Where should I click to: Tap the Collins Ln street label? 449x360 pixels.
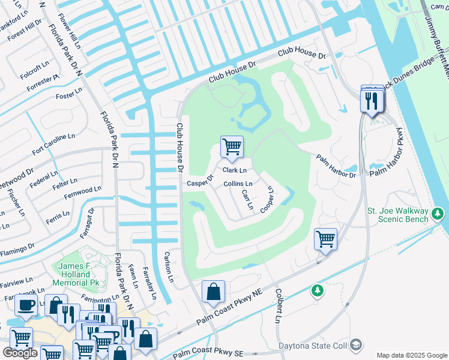click(x=238, y=184)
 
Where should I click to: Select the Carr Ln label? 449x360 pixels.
click(x=246, y=200)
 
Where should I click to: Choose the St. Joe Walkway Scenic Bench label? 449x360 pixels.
click(x=406, y=215)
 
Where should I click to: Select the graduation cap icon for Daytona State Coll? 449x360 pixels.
click(x=357, y=345)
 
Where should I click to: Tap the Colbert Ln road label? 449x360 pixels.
click(x=279, y=306)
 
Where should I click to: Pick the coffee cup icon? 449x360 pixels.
click(x=26, y=305)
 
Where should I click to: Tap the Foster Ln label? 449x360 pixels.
click(x=69, y=92)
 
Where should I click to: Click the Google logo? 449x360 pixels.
click(x=20, y=353)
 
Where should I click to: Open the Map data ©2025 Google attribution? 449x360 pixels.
click(x=412, y=355)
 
